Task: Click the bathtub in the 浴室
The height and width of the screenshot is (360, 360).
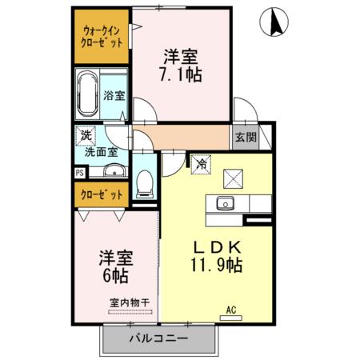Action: (86, 95)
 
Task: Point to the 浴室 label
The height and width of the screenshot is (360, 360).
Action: (114, 96)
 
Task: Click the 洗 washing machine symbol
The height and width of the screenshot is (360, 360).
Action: (84, 135)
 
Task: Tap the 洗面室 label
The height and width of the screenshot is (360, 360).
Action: (102, 150)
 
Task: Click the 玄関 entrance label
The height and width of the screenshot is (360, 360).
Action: (246, 137)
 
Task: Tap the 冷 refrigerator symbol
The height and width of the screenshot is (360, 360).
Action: (201, 161)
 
